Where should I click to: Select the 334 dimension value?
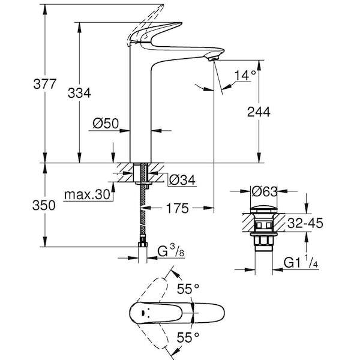[79, 93]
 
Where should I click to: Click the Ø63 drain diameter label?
[264, 192]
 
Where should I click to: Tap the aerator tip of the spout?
[210, 57]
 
